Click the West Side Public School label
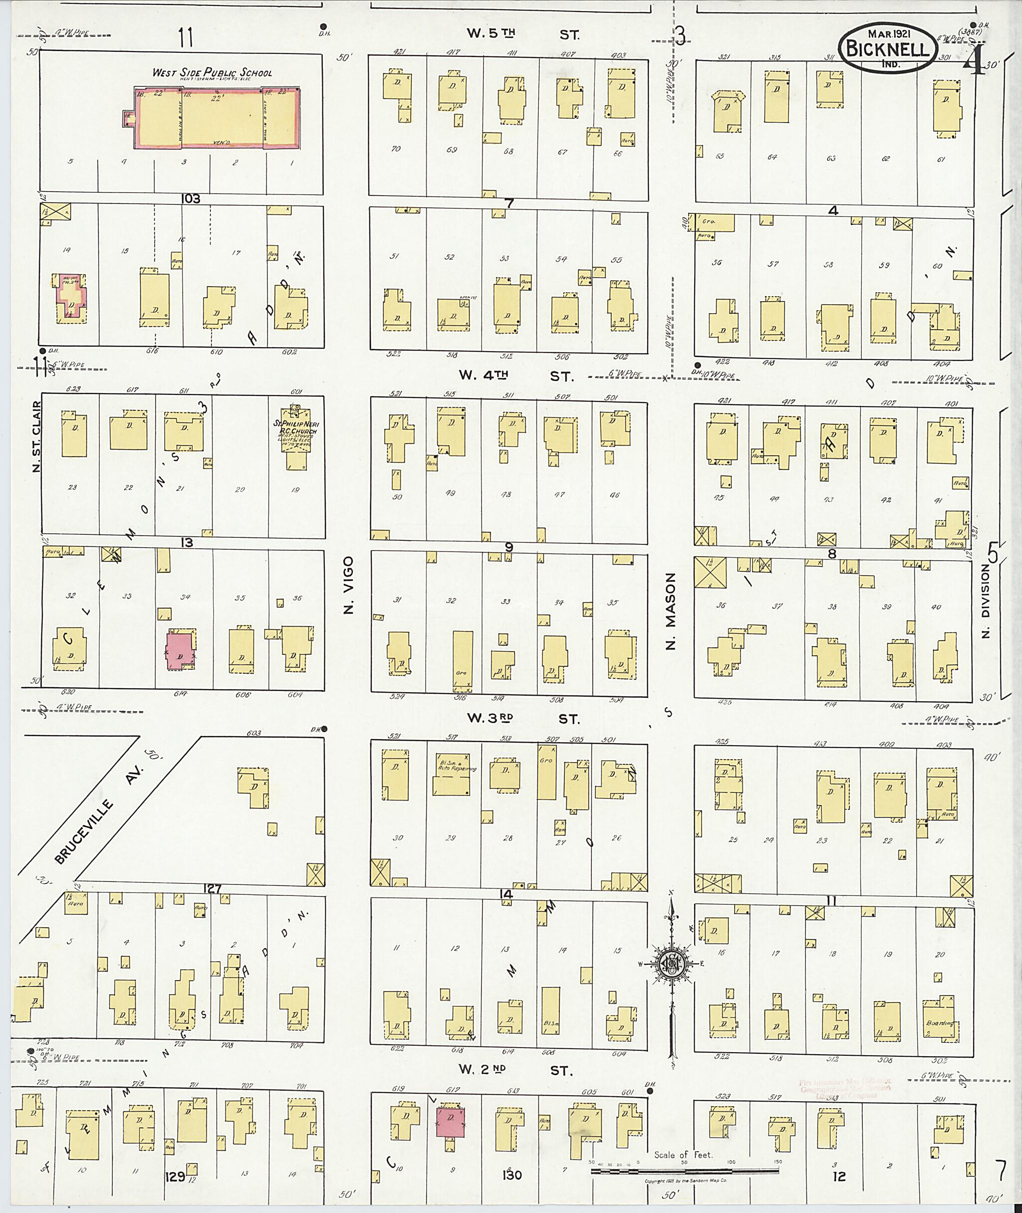tap(212, 73)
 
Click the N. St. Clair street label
tap(36, 436)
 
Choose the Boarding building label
tap(939, 1023)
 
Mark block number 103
tap(191, 199)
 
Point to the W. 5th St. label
tap(522, 34)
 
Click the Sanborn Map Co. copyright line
tap(686, 1181)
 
